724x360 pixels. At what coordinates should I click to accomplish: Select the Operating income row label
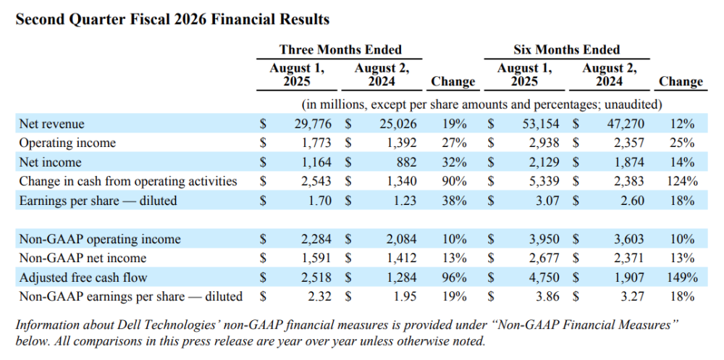click(x=67, y=143)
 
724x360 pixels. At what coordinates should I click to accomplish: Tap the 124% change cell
click(x=682, y=181)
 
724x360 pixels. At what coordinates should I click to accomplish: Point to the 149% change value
click(x=682, y=277)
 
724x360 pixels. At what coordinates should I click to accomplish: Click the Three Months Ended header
click(x=340, y=49)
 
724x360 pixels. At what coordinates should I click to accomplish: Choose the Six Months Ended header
click(x=567, y=49)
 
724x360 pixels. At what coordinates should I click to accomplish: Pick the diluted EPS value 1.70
click(x=320, y=201)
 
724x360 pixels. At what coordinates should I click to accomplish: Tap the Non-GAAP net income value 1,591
click(x=317, y=259)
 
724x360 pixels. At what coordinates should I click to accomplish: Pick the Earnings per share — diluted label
click(x=98, y=201)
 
